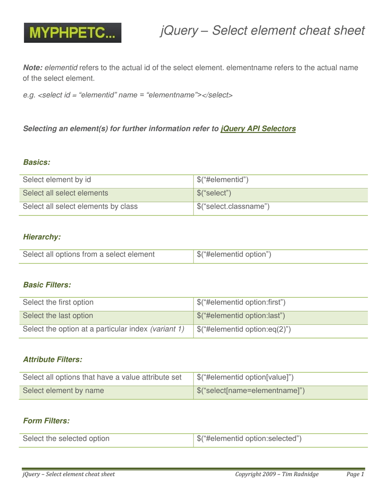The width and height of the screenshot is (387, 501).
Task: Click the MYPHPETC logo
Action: coord(73,33)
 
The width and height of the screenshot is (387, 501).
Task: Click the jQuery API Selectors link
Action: coord(258,129)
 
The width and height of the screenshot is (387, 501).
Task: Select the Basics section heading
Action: coord(37,162)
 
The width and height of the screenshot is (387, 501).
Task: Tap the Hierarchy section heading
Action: coord(42,237)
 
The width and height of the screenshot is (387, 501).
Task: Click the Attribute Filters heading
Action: coord(53,360)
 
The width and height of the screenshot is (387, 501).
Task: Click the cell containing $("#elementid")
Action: coord(222,179)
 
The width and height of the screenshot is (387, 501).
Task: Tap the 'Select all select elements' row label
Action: coord(66,193)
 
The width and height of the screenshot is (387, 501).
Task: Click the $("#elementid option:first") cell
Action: coord(241,302)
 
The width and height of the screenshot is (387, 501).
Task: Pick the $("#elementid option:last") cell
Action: coord(240,315)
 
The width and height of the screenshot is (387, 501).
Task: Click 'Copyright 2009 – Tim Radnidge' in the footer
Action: coord(277,474)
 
